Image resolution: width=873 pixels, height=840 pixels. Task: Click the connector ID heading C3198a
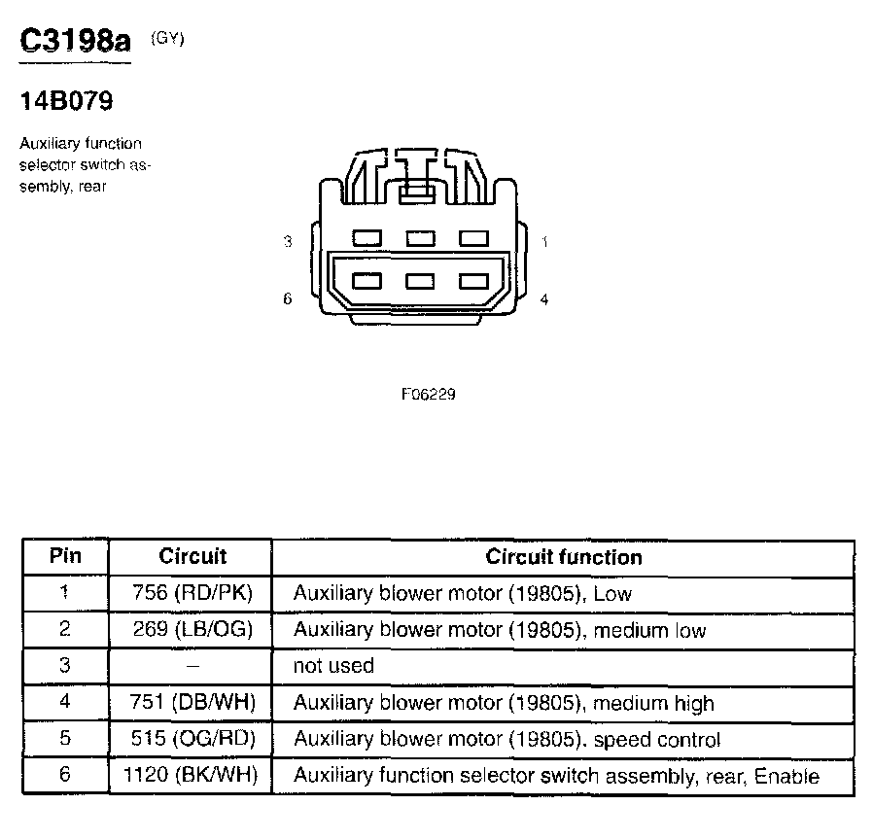tap(75, 43)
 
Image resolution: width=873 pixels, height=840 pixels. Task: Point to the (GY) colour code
tap(167, 39)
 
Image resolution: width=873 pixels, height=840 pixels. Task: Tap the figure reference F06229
tap(429, 395)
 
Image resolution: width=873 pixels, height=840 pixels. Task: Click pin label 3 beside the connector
tap(287, 241)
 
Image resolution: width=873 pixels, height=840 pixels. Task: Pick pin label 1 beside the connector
tap(544, 241)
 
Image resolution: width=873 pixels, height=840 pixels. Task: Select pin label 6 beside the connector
tap(287, 299)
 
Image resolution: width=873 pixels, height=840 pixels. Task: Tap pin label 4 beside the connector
tap(544, 299)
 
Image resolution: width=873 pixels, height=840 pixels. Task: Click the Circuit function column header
tap(564, 557)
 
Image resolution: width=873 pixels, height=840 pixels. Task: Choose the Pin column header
tap(65, 556)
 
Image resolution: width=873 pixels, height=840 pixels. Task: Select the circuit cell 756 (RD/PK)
tap(192, 593)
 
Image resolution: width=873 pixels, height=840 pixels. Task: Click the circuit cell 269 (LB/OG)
tap(192, 630)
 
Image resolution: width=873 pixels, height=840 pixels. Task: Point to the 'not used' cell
tap(333, 666)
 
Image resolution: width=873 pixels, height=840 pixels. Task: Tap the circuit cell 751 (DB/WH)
tap(192, 703)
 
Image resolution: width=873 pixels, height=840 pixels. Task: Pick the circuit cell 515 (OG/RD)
tap(192, 740)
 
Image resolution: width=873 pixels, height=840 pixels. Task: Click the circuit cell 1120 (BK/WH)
tap(192, 776)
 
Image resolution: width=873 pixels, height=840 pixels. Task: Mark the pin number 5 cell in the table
tap(65, 739)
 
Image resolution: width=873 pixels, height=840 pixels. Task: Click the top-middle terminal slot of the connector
tap(420, 237)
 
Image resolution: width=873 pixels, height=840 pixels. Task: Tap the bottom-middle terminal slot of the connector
tap(420, 281)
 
